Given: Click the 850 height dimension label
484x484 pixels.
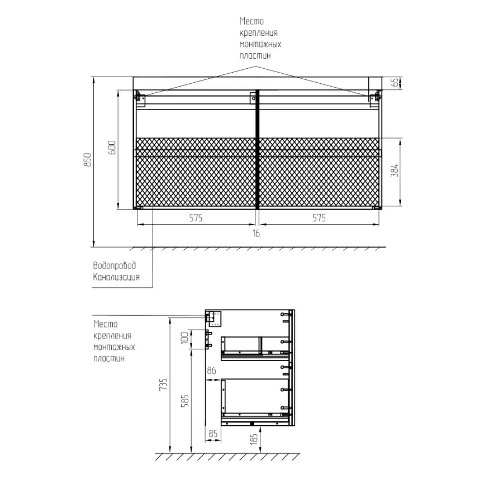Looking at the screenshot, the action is (88, 160).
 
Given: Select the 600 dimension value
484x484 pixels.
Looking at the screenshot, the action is (112, 148).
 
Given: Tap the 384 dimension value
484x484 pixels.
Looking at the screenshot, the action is (395, 170).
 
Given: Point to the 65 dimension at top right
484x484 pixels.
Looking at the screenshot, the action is (395, 83).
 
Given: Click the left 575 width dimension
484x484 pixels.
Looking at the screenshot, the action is (196, 218).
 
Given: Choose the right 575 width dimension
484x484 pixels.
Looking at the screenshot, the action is (319, 218).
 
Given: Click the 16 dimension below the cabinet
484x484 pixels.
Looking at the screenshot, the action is (256, 234).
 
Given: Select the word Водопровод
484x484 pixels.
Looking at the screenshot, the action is (115, 265).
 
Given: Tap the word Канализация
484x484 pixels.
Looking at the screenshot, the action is (116, 277).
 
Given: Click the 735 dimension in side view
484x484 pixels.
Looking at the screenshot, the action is (163, 385).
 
